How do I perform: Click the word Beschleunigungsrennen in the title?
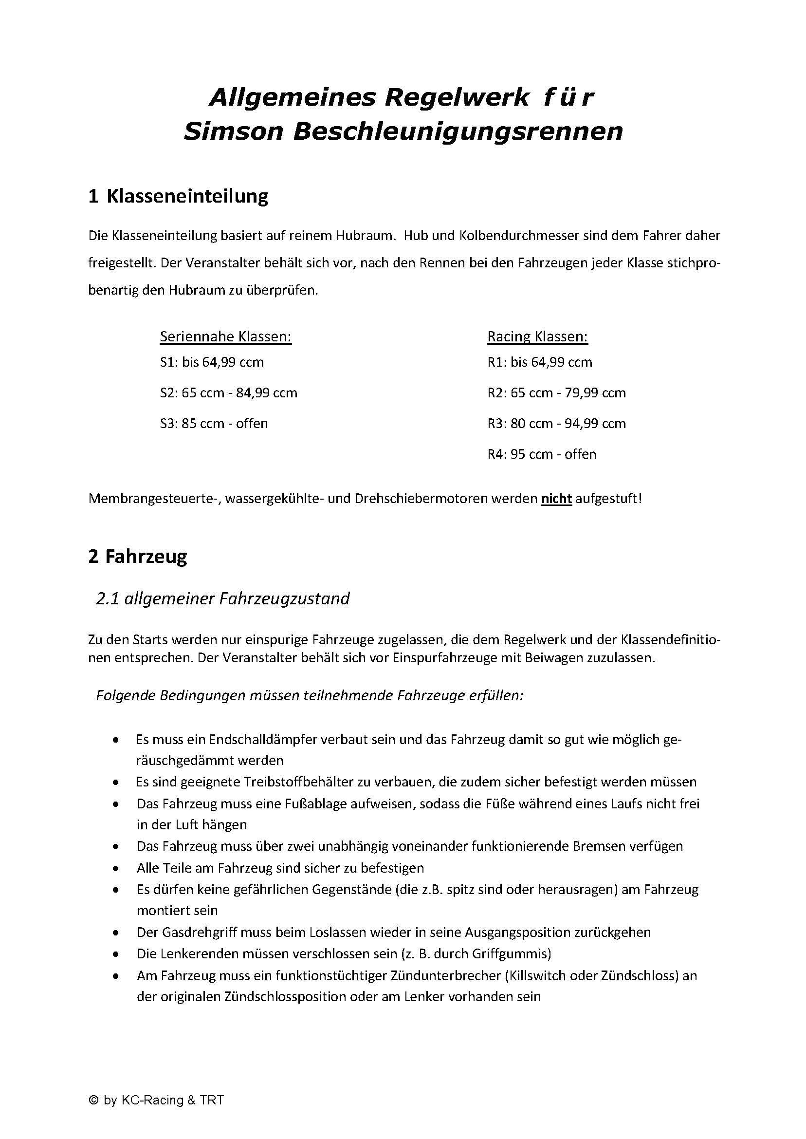[458, 131]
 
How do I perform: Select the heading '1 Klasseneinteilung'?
[178, 196]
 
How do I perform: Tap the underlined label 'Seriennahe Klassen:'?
[225, 336]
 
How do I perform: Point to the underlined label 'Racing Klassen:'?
[537, 336]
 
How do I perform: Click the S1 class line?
[212, 362]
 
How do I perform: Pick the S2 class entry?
[228, 393]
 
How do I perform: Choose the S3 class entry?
[213, 424]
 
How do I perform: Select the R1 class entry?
[539, 362]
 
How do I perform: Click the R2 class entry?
[556, 393]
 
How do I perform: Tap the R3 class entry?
[556, 424]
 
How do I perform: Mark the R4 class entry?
[541, 454]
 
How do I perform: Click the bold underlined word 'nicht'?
[556, 499]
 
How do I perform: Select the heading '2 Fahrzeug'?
[137, 556]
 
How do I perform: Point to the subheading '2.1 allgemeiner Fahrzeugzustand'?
[223, 598]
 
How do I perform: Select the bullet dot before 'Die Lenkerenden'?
[116, 954]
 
